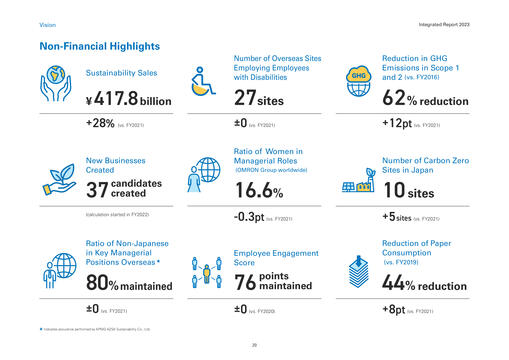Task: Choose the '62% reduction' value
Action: pyautogui.click(x=424, y=98)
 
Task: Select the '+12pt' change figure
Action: pyautogui.click(x=403, y=125)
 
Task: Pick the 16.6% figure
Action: pyautogui.click(x=258, y=190)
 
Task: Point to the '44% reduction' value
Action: pyautogui.click(x=424, y=285)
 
